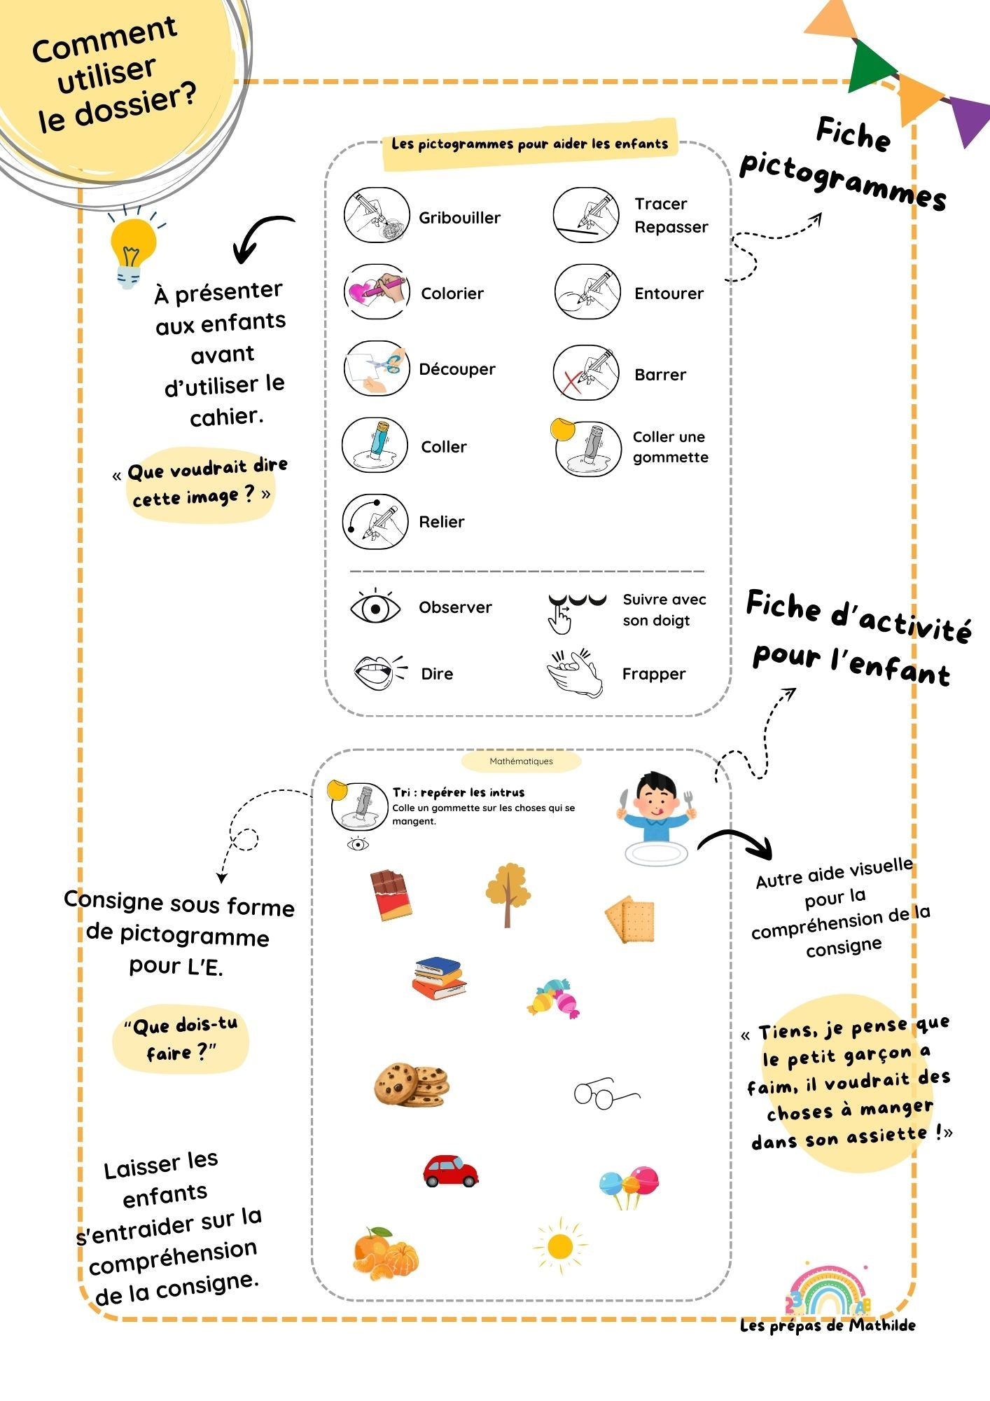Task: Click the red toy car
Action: point(450,1171)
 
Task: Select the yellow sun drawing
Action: point(560,1246)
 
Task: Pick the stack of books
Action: point(439,977)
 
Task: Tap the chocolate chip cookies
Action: point(412,1084)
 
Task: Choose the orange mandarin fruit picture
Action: point(384,1253)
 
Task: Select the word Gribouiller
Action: point(459,218)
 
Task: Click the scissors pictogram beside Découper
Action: point(376,368)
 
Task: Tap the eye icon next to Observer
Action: point(375,607)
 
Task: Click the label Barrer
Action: point(660,375)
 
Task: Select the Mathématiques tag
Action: point(521,761)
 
